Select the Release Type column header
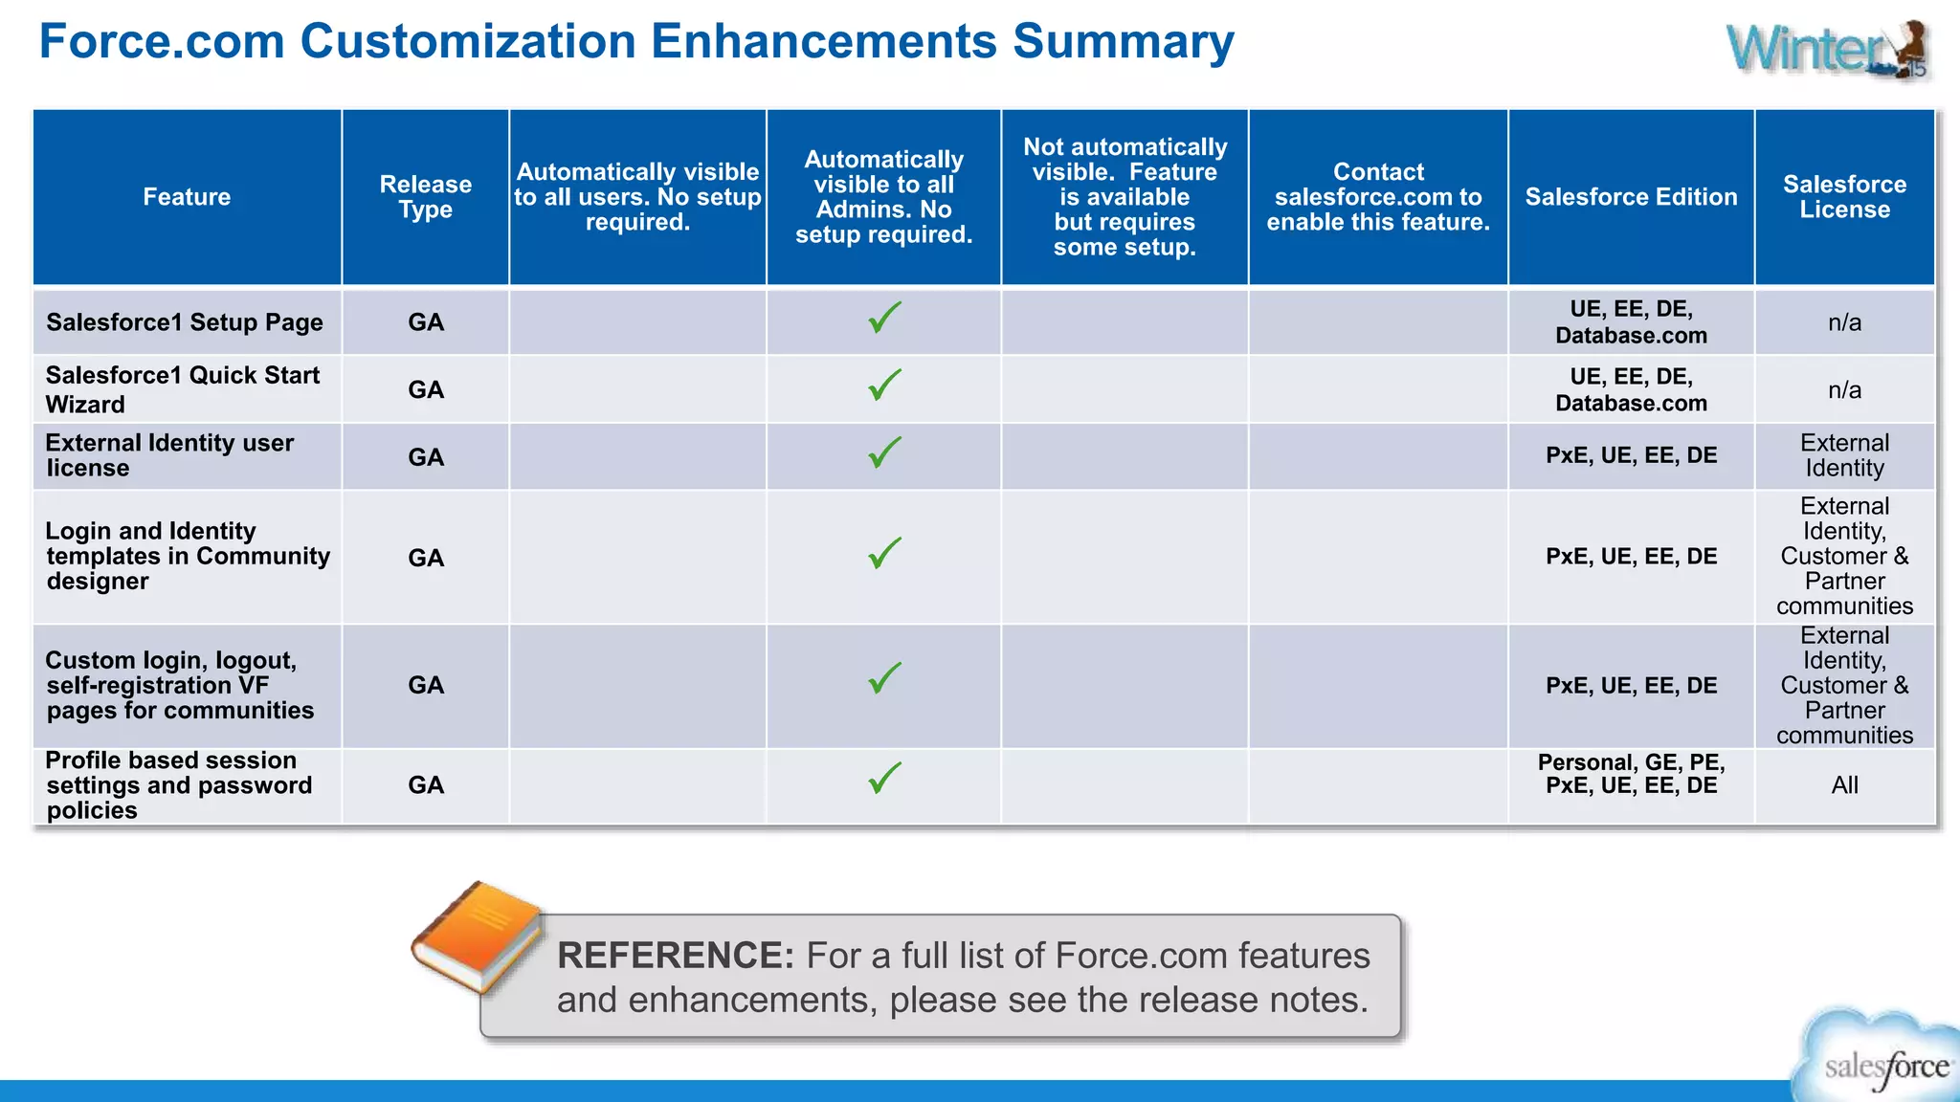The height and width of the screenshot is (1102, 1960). (426, 196)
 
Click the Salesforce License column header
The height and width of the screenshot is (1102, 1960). (1844, 196)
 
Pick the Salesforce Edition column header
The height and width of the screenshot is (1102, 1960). (1631, 196)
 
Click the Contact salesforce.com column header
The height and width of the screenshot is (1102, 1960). (1378, 196)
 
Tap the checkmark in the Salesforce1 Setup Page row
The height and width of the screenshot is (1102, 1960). (884, 318)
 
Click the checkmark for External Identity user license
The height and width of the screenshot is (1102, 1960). (884, 452)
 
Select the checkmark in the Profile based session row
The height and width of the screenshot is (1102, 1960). (884, 779)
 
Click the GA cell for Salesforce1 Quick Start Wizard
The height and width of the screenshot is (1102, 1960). (426, 389)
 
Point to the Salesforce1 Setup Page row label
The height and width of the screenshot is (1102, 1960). (185, 322)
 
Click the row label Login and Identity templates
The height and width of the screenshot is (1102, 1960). (188, 556)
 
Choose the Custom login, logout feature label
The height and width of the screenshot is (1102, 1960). (180, 685)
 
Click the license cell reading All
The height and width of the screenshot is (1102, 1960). (1844, 785)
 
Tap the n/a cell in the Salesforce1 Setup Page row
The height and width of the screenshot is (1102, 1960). (1844, 322)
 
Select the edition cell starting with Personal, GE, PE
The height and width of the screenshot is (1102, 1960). (1631, 774)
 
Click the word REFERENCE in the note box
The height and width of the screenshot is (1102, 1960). (675, 956)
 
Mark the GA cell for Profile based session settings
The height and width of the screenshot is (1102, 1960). (426, 785)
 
